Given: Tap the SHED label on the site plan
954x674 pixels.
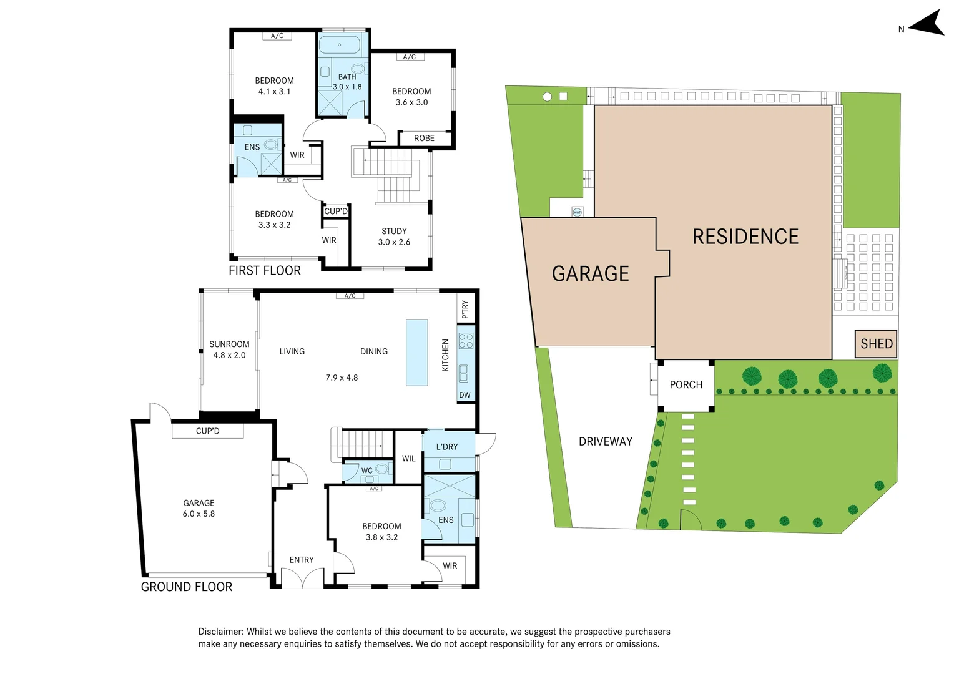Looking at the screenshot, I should [x=876, y=344].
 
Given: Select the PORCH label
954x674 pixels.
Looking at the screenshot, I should [x=686, y=385].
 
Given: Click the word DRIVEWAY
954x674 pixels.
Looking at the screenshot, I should [x=605, y=442].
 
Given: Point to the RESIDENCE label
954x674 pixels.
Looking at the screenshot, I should [x=745, y=237].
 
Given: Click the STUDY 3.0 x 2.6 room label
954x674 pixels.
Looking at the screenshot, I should [x=394, y=237].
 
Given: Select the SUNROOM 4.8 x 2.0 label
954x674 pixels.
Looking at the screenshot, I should [x=229, y=349].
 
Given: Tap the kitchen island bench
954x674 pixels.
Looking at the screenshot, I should [x=417, y=353].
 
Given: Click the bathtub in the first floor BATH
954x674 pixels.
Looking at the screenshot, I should [x=339, y=45].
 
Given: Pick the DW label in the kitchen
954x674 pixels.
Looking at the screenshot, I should [x=465, y=395].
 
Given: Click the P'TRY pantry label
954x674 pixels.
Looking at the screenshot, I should [x=465, y=309].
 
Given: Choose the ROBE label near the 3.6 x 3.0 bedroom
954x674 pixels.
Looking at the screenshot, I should [x=424, y=139].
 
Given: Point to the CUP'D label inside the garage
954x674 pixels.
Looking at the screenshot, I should [x=207, y=431].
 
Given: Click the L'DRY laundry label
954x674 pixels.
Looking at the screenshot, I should [x=446, y=447].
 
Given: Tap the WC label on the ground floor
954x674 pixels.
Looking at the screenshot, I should [x=366, y=471].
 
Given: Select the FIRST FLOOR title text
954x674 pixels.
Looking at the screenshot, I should [x=264, y=271].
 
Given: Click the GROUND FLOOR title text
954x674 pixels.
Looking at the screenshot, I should [x=186, y=587].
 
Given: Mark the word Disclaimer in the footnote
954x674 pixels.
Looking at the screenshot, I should [x=220, y=632].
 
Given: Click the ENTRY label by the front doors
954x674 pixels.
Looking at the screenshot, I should [x=302, y=560].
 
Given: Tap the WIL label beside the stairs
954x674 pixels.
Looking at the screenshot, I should [x=408, y=459].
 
